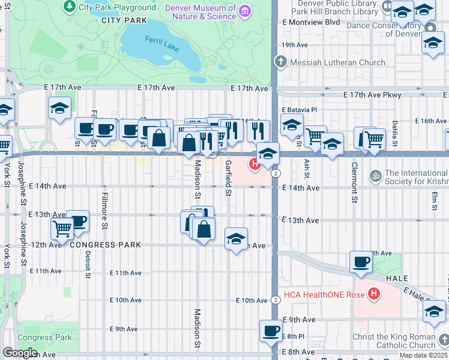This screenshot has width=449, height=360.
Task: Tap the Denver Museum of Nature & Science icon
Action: point(245,11)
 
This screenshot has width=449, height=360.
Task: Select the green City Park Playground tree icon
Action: point(70,7)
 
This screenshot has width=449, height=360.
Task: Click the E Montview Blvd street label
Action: point(311,22)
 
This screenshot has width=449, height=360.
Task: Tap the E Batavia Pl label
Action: point(299,110)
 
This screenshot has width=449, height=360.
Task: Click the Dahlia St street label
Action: point(395,134)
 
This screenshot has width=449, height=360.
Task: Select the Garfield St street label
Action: point(228,178)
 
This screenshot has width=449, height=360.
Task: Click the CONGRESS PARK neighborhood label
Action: point(105,245)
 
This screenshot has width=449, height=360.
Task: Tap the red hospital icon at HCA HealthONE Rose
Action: point(375,293)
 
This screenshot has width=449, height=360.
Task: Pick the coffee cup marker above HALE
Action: point(361,262)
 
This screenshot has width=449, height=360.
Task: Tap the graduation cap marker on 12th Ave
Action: point(237,238)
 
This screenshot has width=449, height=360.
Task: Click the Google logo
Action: point(20,353)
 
